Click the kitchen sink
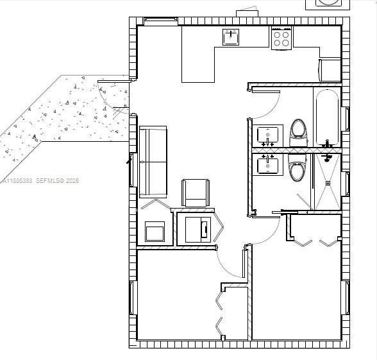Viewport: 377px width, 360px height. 231,38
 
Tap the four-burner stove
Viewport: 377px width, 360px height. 281,39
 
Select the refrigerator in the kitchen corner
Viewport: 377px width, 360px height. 330,69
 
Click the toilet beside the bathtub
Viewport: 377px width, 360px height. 298,130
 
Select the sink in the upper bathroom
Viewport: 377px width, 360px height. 267,135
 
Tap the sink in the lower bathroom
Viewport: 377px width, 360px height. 267,166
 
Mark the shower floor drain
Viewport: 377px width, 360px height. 328,182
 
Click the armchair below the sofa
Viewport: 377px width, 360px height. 196,193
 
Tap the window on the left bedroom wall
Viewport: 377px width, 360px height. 133,298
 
